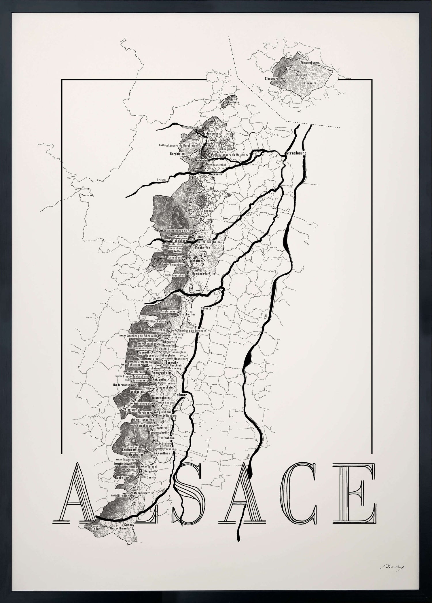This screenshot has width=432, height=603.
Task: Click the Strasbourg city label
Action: click(x=296, y=153)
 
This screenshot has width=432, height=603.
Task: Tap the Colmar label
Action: click(x=180, y=395)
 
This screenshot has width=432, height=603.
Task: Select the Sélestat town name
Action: click(x=210, y=308)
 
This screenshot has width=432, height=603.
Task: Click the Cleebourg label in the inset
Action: click(x=272, y=78)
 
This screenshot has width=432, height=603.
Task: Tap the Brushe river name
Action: click(x=161, y=180)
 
